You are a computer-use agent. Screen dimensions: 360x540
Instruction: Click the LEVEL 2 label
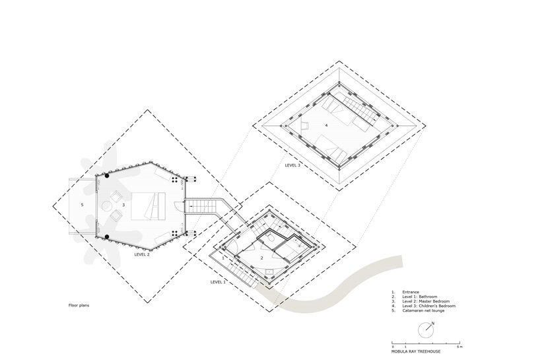[142, 254]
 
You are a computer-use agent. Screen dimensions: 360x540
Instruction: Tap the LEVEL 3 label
[292, 165]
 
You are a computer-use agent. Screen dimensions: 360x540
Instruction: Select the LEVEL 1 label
[218, 282]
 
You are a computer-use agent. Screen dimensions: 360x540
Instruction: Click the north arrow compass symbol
[430, 326]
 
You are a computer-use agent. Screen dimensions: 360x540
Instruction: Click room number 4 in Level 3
[326, 125]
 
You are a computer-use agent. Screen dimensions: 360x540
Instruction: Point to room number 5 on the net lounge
[82, 205]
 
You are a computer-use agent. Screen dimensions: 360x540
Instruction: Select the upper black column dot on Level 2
[107, 176]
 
